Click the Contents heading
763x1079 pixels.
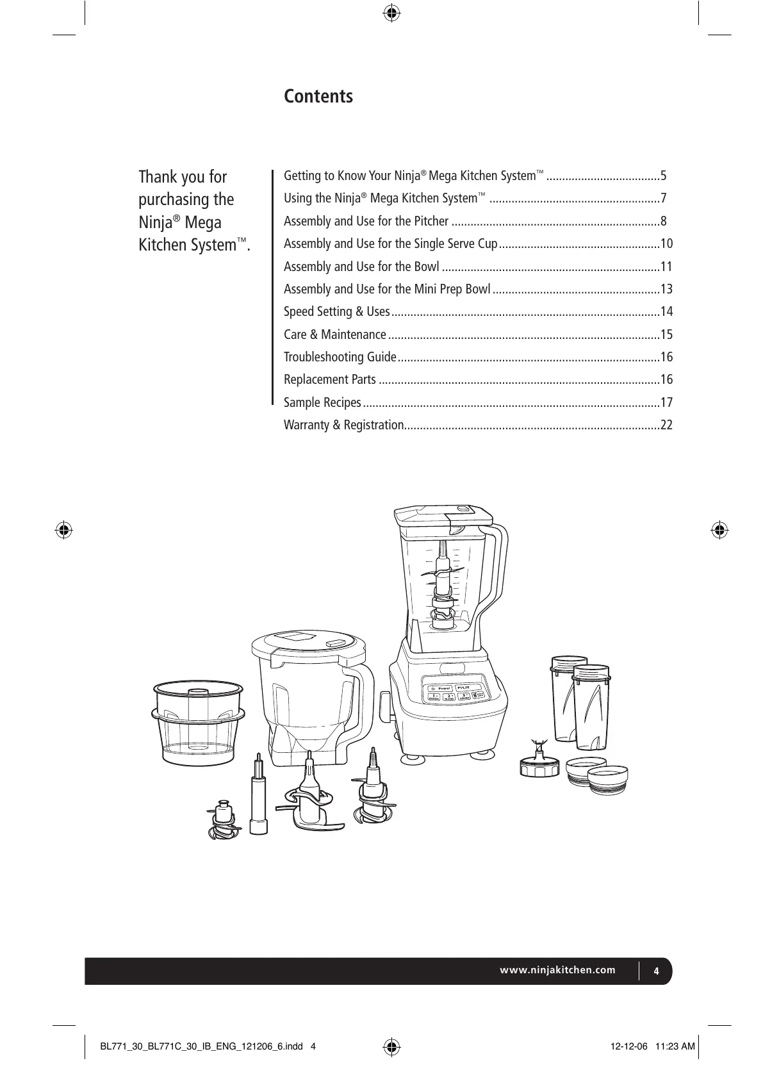(318, 97)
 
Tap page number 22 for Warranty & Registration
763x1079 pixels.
(666, 425)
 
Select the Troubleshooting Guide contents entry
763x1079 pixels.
(340, 357)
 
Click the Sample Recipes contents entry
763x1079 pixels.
(322, 402)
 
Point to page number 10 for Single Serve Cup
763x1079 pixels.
(666, 243)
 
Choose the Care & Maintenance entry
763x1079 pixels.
(334, 334)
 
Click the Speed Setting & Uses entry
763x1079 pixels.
(336, 311)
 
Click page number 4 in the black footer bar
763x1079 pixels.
(656, 970)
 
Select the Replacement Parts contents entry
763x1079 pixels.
(330, 379)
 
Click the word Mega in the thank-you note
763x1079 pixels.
(207, 222)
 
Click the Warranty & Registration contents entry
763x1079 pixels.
(343, 425)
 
